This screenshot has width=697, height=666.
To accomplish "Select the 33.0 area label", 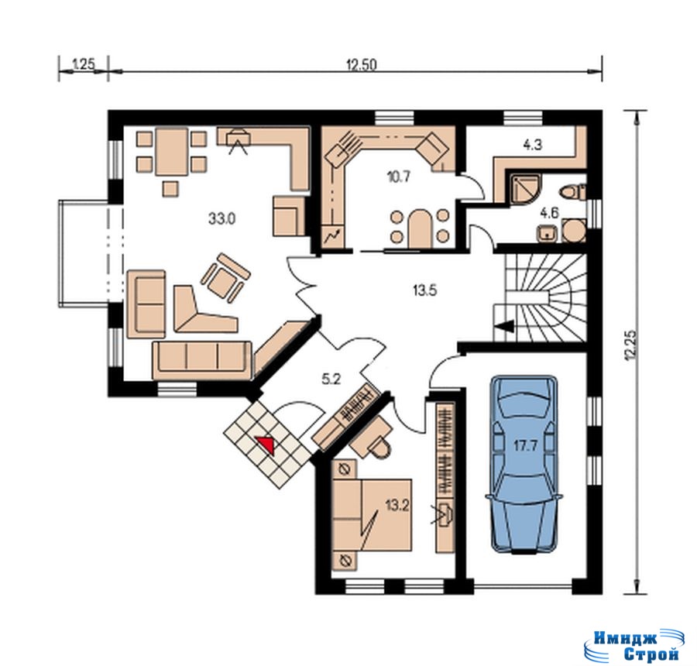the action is tap(221, 218).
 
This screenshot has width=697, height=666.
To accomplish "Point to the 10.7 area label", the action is tap(398, 177).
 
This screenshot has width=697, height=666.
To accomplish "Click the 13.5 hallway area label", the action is tap(425, 290).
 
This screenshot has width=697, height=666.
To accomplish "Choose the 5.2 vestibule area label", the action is tap(331, 379).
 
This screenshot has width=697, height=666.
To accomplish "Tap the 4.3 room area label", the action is tap(533, 145).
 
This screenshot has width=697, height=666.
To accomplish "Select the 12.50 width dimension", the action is tap(362, 65).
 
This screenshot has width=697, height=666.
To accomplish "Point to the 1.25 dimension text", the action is tap(83, 64).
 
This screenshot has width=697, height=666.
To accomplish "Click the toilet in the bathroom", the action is tap(573, 192).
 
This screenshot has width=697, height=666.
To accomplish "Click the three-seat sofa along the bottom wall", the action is tap(202, 360).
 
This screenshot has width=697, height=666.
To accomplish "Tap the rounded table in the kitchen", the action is tap(418, 228).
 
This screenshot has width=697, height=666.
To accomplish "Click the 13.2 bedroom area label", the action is tap(397, 505).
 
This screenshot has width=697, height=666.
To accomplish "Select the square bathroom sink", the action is tap(547, 233).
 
